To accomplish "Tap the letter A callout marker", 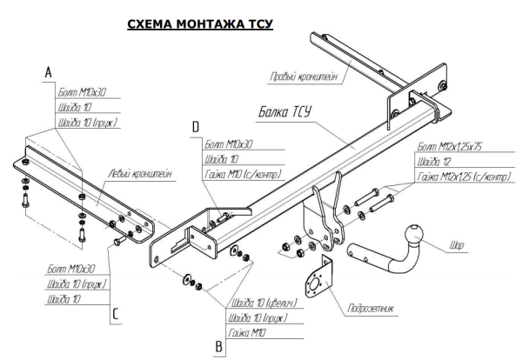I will point(49,74).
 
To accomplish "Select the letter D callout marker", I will point(195,128).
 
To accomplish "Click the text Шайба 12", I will point(434,163).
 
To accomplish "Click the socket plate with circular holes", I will point(315,279).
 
